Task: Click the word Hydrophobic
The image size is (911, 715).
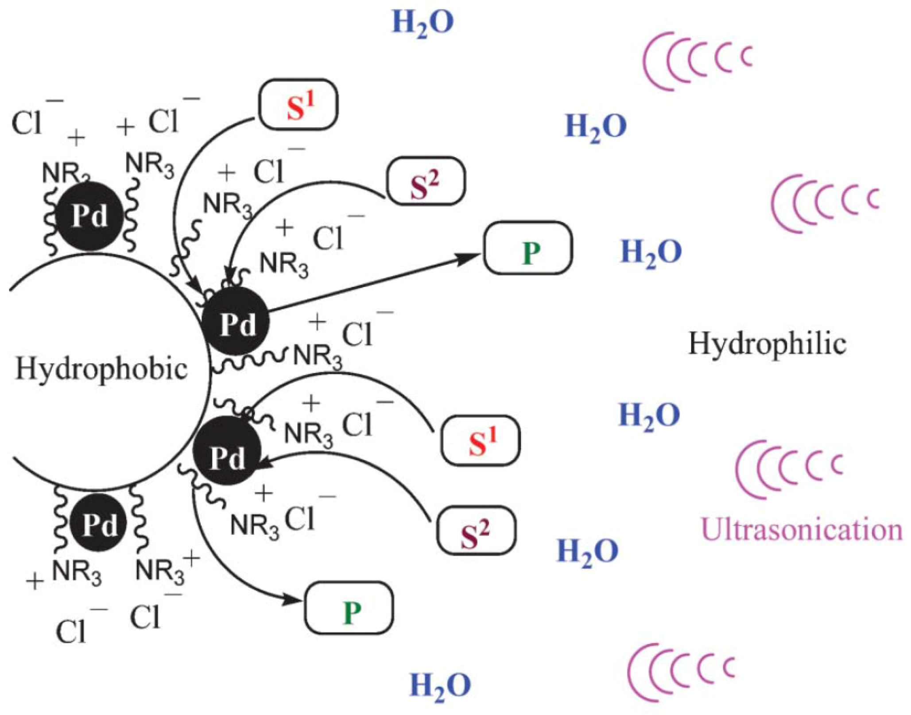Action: point(101,369)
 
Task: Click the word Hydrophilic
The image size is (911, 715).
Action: point(767,344)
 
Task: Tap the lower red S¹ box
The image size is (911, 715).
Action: point(481,440)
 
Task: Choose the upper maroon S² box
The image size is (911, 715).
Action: point(426,181)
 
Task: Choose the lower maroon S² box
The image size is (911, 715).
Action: point(477,531)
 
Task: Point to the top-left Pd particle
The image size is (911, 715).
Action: point(90,216)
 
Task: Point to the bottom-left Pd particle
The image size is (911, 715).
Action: point(99,524)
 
